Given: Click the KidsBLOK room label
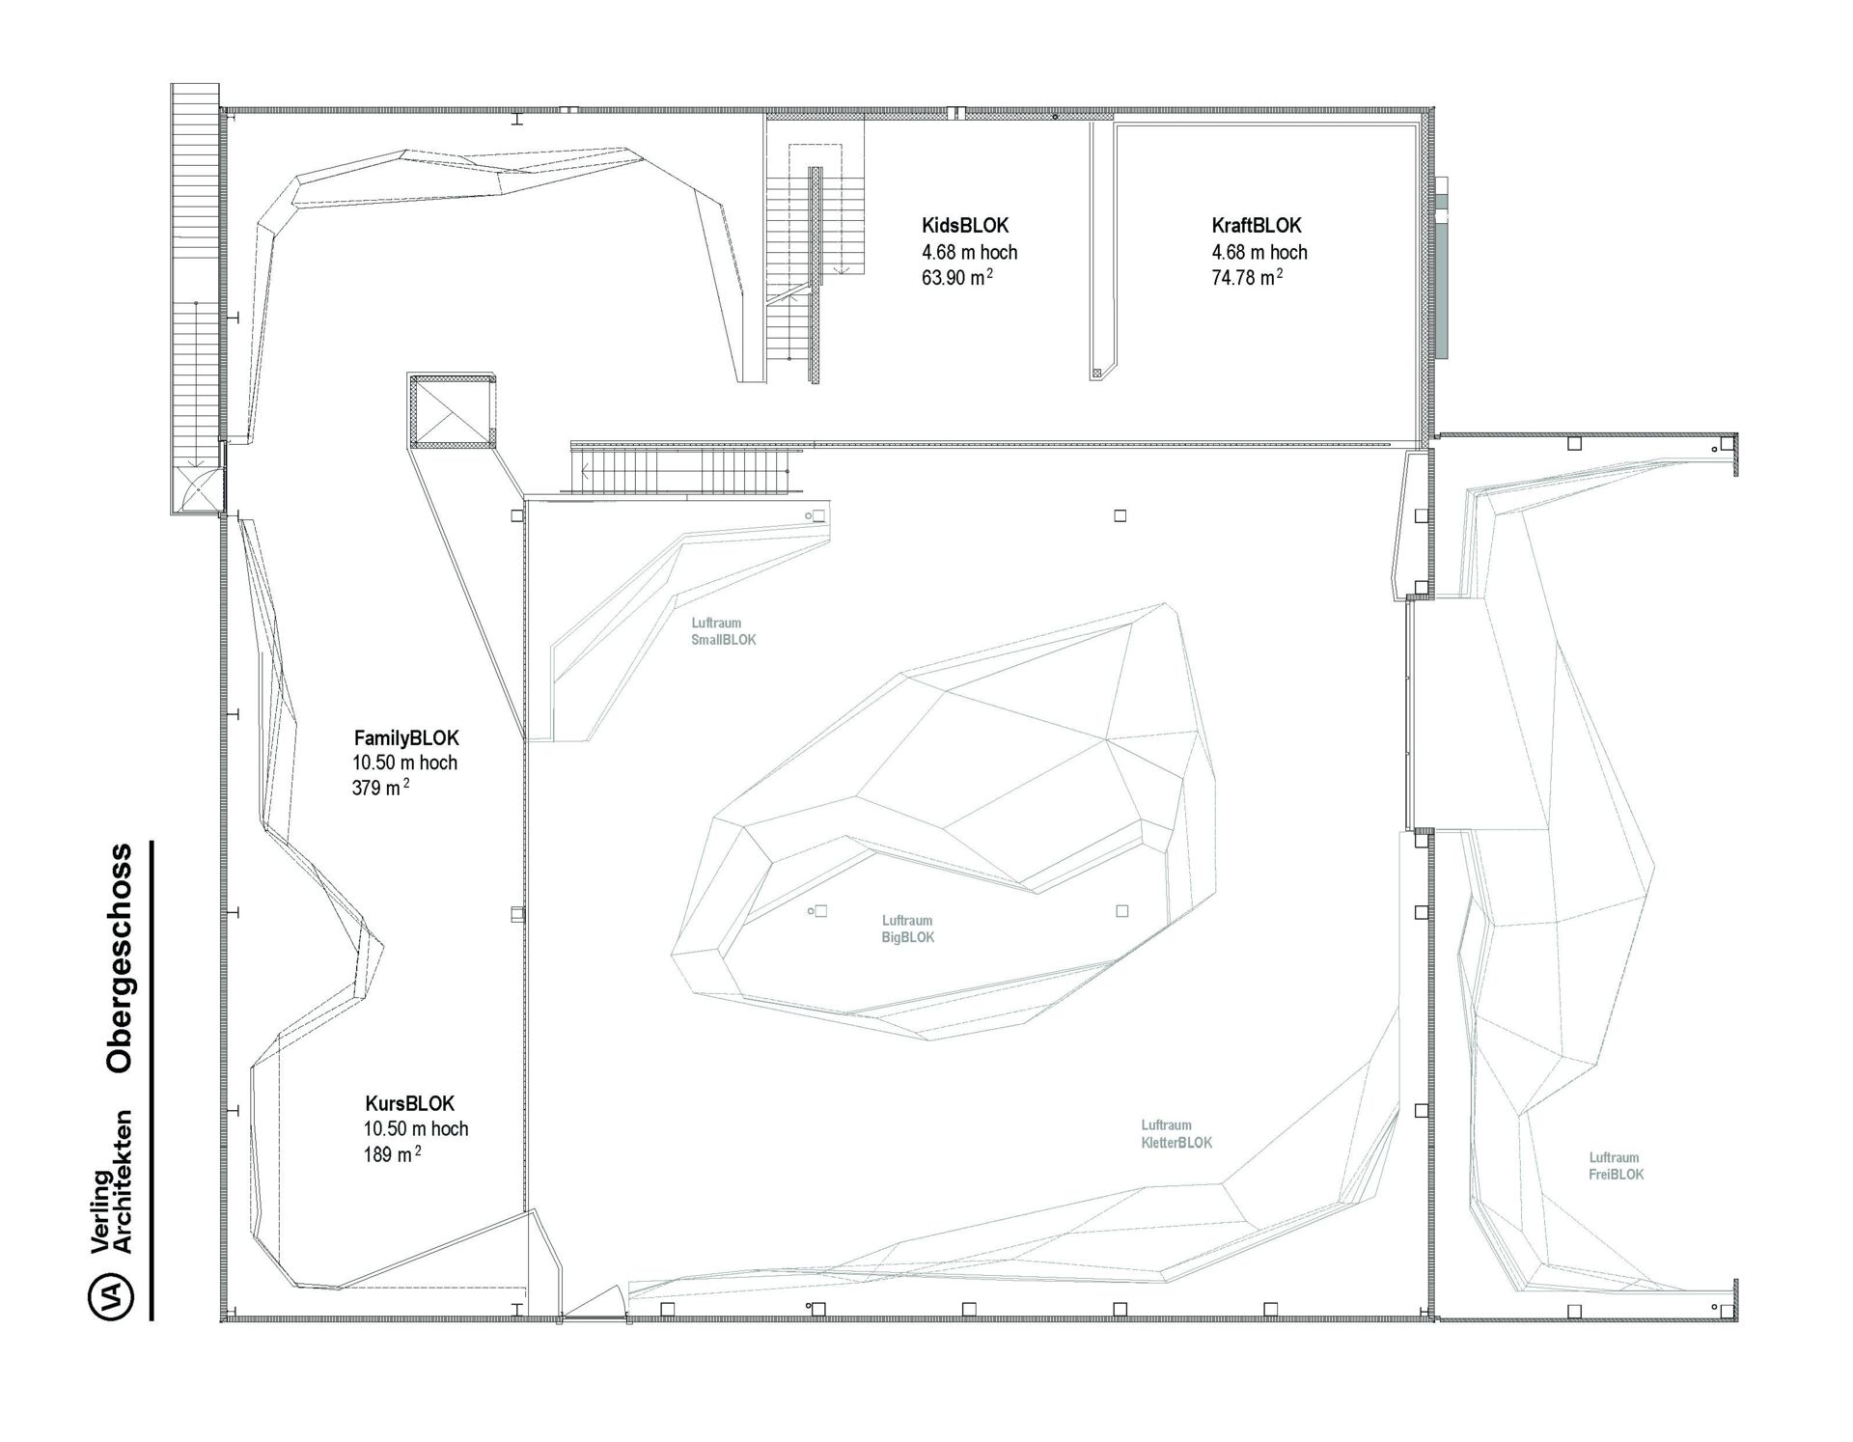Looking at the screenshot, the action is pyautogui.click(x=965, y=226).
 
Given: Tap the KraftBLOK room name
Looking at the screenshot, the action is pyautogui.click(x=1257, y=226).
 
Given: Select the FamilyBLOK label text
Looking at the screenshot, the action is pyautogui.click(x=406, y=738).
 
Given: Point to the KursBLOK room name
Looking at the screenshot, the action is pyautogui.click(x=410, y=1103).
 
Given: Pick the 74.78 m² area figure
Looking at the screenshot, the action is pyautogui.click(x=1247, y=278).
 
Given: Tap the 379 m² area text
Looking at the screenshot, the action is pyautogui.click(x=380, y=788).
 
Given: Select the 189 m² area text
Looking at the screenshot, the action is pyautogui.click(x=392, y=1154).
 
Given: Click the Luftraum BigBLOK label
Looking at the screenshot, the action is pyautogui.click(x=908, y=929).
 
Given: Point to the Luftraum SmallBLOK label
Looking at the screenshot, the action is pyautogui.click(x=724, y=631).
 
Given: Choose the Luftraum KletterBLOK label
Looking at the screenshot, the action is pyautogui.click(x=1176, y=1134).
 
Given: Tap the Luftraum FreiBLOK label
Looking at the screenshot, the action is pyautogui.click(x=1617, y=1166).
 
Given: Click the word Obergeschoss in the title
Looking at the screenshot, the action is pyautogui.click(x=120, y=958).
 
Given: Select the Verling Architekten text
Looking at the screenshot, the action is pyautogui.click(x=110, y=1182).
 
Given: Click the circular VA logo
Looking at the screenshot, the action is pyautogui.click(x=111, y=1296).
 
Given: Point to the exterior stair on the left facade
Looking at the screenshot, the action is pyautogui.click(x=196, y=299).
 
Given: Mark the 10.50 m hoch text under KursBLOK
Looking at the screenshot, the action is pyautogui.click(x=416, y=1128).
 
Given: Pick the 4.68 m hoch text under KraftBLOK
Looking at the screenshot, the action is pyautogui.click(x=1259, y=252).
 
